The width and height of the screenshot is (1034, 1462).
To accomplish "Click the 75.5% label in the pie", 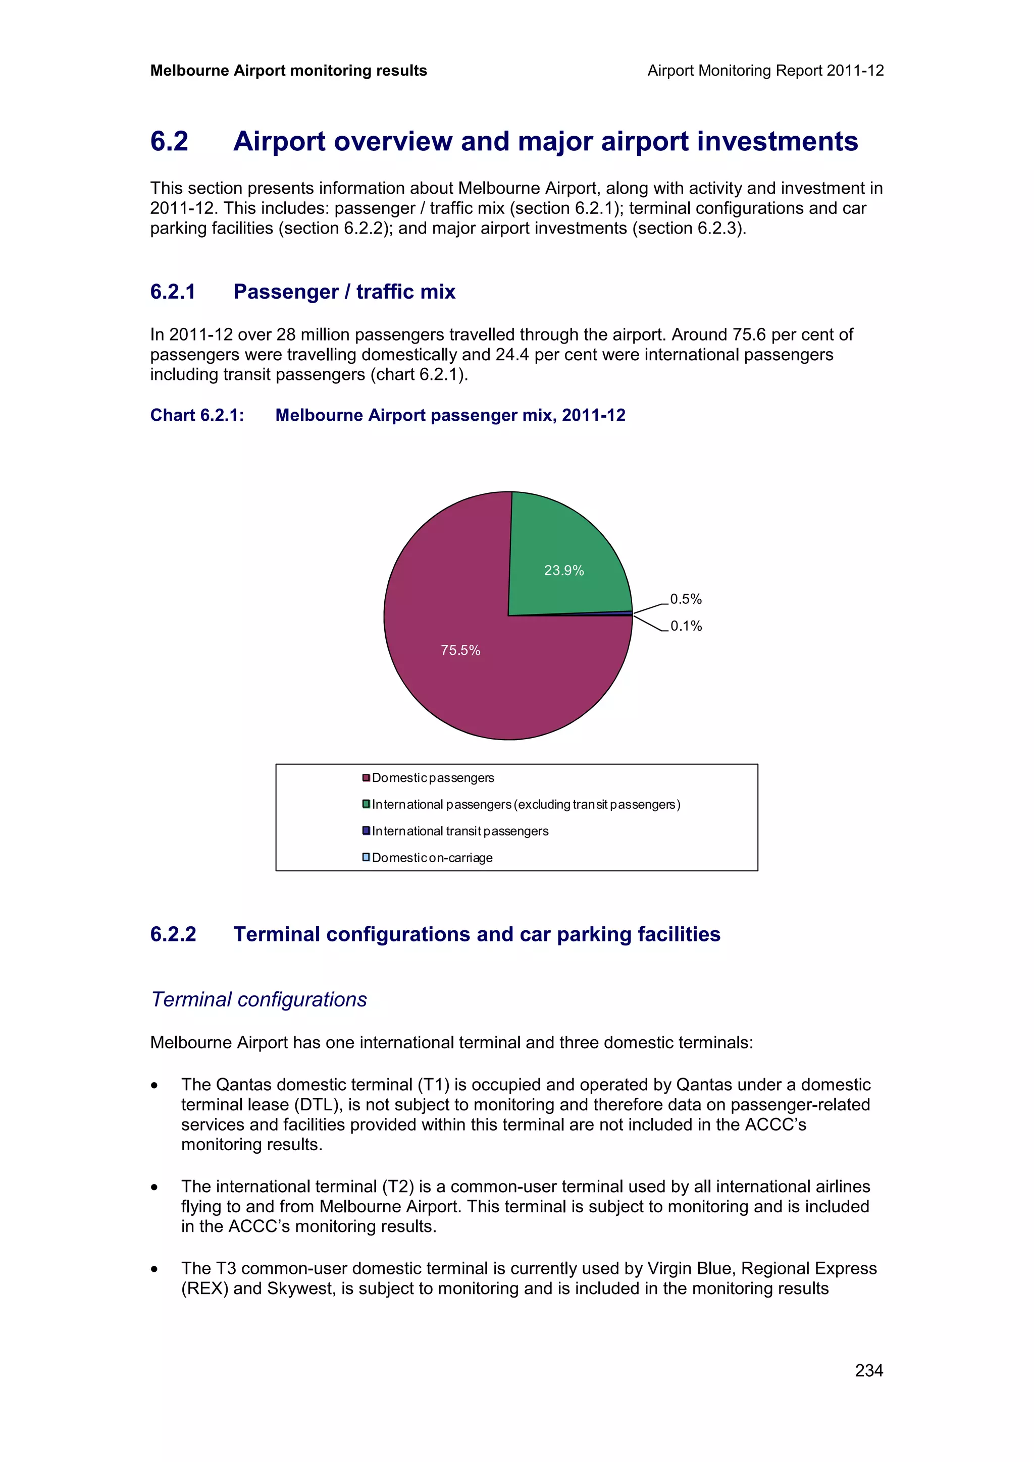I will [x=460, y=650].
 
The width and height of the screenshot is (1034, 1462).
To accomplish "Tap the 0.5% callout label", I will [x=686, y=599].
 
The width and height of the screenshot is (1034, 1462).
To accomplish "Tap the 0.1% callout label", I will [x=686, y=626].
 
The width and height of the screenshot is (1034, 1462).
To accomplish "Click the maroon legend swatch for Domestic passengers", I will [x=367, y=777].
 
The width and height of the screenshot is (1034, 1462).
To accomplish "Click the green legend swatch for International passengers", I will [x=367, y=804].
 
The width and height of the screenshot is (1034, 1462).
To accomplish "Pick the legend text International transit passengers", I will [x=460, y=831].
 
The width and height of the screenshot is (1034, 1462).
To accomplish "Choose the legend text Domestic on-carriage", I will [x=432, y=858].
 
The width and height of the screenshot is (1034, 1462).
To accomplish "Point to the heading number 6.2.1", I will [x=173, y=292].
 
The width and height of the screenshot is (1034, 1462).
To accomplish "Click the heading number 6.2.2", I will [x=173, y=934].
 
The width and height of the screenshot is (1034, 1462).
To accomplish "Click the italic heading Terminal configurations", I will [x=258, y=1000].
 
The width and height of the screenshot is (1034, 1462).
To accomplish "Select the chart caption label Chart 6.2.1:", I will [x=197, y=415].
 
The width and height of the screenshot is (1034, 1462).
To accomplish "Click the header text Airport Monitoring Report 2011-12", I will [x=765, y=71].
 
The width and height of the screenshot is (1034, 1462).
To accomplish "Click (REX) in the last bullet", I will [x=204, y=1288].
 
